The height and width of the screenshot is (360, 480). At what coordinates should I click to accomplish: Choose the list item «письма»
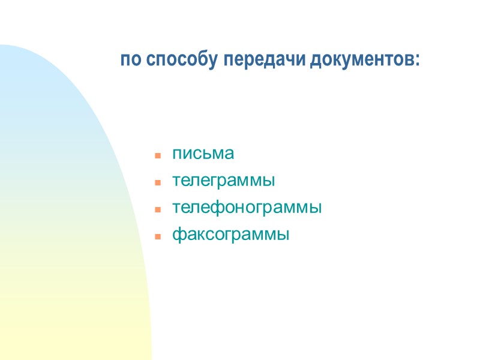point(203,154)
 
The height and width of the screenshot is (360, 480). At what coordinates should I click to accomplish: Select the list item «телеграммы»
point(224,181)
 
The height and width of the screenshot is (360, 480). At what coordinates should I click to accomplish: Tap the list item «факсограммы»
point(230,235)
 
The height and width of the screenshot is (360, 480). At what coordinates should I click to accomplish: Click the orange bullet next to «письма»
point(158,155)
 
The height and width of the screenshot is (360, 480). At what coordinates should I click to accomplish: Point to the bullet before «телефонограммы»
point(158,209)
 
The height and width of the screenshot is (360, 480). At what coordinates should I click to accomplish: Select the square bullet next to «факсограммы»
point(158,236)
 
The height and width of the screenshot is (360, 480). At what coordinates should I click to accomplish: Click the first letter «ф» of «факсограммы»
point(178,235)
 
